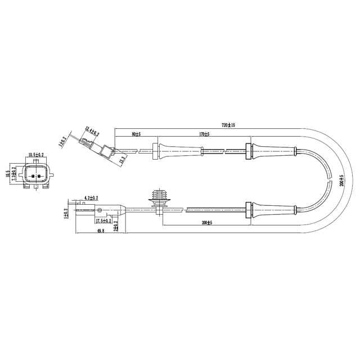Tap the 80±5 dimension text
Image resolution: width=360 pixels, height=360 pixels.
click(136, 134)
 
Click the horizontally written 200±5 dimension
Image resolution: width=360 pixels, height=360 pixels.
click(206, 223)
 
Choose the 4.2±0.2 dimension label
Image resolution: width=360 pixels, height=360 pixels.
click(91, 198)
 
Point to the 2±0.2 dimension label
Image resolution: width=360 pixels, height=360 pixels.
click(115, 225)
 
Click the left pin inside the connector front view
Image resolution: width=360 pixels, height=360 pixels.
click(33, 177)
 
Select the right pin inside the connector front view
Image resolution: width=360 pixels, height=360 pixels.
click(40, 177)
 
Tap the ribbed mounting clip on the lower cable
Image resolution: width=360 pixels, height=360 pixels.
click(159, 200)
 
